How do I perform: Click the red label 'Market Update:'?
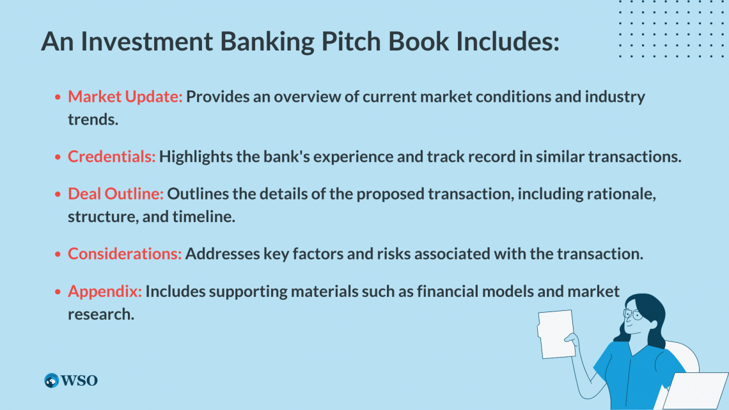click(125, 97)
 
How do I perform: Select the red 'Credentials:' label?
click(111, 157)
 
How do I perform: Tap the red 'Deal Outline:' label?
click(116, 194)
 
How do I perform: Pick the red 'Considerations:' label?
click(125, 254)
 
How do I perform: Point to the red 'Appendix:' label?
click(105, 292)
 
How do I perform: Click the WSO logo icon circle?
click(51, 380)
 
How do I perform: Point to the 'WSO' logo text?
click(79, 381)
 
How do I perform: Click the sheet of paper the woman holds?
click(556, 335)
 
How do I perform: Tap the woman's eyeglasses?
click(632, 315)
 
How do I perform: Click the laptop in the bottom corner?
click(696, 391)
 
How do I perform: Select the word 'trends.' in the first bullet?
click(93, 120)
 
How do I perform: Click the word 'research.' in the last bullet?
click(101, 315)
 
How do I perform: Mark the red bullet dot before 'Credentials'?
click(58, 157)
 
